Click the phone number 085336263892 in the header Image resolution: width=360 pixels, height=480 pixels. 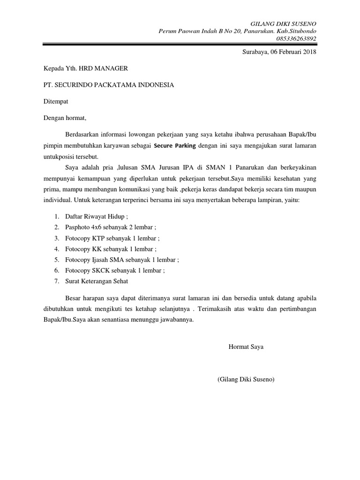294,38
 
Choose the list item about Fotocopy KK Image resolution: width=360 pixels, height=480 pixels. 111,249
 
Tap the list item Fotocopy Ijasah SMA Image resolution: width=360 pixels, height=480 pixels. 122,260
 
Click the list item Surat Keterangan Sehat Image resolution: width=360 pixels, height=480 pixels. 97,281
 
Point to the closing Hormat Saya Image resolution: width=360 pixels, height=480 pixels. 246,347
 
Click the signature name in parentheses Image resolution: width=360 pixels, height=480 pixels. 246,379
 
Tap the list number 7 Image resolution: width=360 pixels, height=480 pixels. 56,281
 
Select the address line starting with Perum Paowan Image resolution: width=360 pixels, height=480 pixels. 238,31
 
